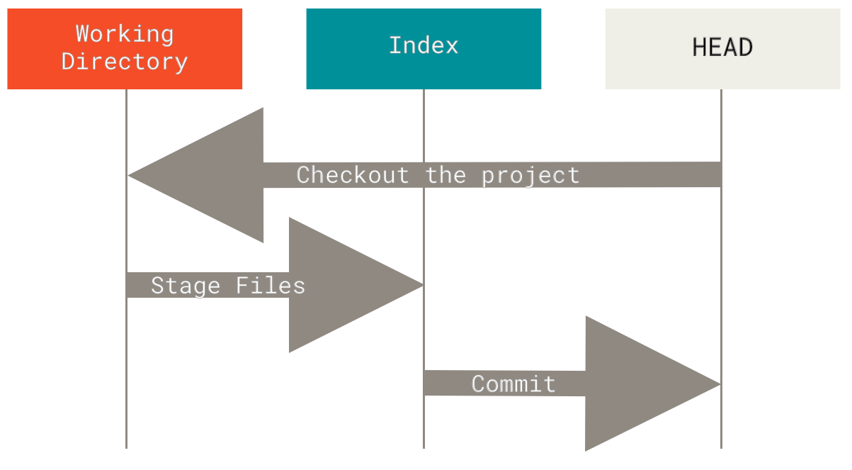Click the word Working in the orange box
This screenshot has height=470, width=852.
(125, 33)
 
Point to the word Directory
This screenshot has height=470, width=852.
(125, 61)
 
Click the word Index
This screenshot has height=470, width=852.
(424, 46)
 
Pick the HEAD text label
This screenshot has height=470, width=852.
(722, 47)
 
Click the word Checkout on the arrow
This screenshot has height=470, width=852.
(353, 175)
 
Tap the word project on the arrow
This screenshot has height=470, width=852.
(530, 175)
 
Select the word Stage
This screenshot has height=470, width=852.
(186, 286)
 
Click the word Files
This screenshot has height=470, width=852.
(271, 286)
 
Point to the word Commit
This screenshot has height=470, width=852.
(513, 384)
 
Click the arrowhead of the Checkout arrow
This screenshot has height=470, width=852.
(212, 175)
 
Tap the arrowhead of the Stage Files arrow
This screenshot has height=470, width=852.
(340, 285)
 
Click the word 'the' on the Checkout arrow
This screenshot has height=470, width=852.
(445, 175)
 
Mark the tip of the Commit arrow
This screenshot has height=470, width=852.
(719, 384)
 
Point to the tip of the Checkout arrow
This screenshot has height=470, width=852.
(130, 175)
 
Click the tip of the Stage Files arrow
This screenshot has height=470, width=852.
(421, 285)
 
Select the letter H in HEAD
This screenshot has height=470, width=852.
(699, 47)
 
